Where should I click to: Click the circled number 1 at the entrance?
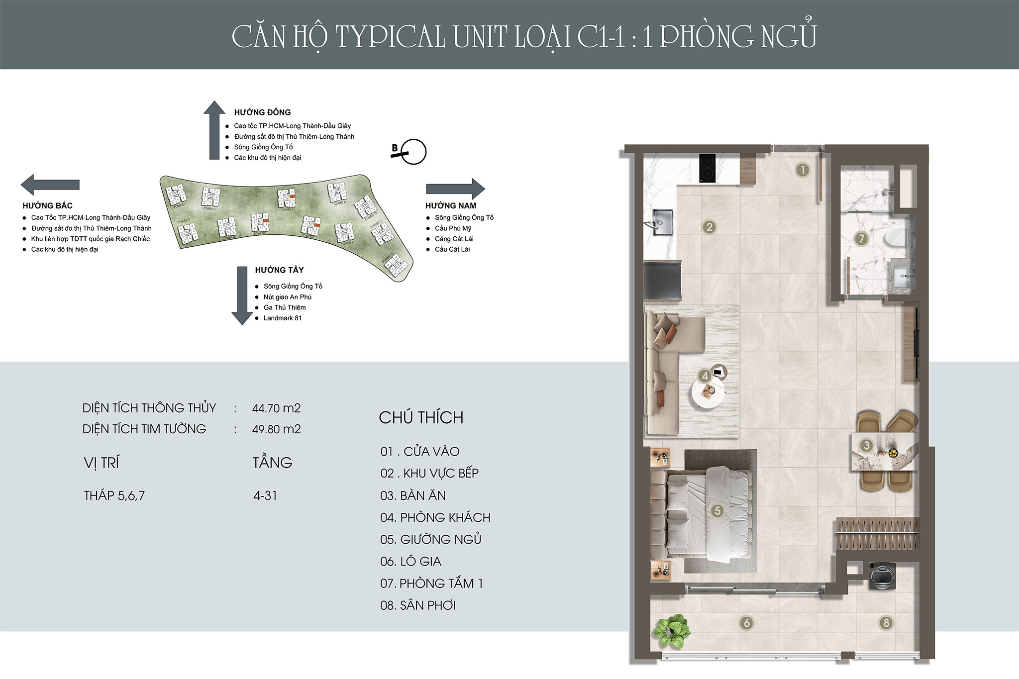[802, 170]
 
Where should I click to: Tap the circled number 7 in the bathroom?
[861, 239]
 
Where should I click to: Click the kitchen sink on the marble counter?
[662, 219]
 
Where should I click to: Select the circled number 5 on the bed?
[717, 510]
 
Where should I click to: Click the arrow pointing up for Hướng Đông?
[214, 129]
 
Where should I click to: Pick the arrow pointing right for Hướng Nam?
[456, 189]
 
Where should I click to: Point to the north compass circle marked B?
[413, 151]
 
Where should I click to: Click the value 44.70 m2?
[276, 408]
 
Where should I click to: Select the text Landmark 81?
[283, 318]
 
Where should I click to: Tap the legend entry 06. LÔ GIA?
[411, 562]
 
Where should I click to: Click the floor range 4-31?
[265, 495]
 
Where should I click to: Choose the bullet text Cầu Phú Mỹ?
[453, 228]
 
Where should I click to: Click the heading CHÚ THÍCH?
[421, 418]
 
